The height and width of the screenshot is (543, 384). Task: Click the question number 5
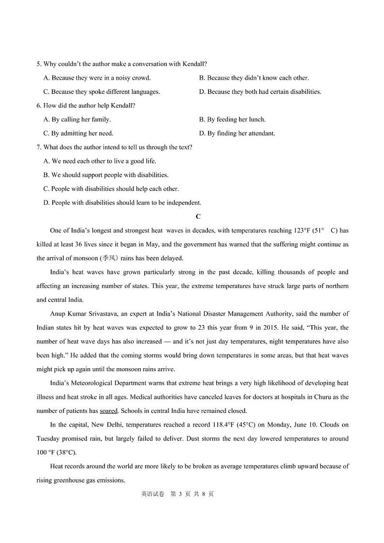pyautogui.click(x=39, y=64)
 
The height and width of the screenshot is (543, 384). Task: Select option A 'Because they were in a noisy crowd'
pyautogui.click(x=97, y=78)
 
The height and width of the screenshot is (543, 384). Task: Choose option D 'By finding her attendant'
pyautogui.click(x=237, y=134)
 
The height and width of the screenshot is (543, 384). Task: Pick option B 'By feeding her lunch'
pyautogui.click(x=232, y=120)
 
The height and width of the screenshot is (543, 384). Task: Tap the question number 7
pyautogui.click(x=39, y=147)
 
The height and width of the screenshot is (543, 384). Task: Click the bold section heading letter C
pyautogui.click(x=198, y=217)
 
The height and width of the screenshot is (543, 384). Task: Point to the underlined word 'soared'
pyautogui.click(x=109, y=411)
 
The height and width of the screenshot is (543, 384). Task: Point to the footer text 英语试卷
pyautogui.click(x=153, y=494)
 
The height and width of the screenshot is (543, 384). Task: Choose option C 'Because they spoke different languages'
pyautogui.click(x=102, y=92)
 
